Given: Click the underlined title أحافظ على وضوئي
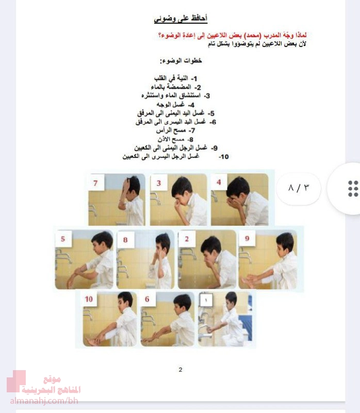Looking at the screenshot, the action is pyautogui.click(x=181, y=19).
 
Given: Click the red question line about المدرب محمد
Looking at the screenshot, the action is pyautogui.click(x=233, y=35).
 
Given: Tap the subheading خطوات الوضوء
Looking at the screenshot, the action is pyautogui.click(x=181, y=61).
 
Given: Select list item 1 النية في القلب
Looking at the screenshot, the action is pyautogui.click(x=175, y=78).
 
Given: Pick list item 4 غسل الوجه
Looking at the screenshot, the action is pyautogui.click(x=175, y=105).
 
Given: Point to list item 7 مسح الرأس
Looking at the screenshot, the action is pyautogui.click(x=175, y=131).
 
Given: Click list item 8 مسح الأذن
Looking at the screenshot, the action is pyautogui.click(x=175, y=139).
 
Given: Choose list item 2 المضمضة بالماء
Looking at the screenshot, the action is pyautogui.click(x=176, y=87).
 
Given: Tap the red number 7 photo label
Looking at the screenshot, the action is pyautogui.click(x=95, y=183).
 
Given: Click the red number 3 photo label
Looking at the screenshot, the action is pyautogui.click(x=159, y=183).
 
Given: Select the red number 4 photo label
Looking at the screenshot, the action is pyautogui.click(x=219, y=182).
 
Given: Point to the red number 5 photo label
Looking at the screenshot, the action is pyautogui.click(x=63, y=239).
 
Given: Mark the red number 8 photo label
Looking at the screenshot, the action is pyautogui.click(x=125, y=240).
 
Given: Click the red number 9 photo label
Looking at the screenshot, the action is pyautogui.click(x=247, y=239).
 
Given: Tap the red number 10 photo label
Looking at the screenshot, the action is pyautogui.click(x=89, y=299).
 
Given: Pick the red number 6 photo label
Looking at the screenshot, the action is pyautogui.click(x=147, y=299).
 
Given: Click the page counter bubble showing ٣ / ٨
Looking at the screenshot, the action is pyautogui.click(x=299, y=188).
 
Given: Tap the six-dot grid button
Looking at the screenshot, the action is pyautogui.click(x=353, y=188).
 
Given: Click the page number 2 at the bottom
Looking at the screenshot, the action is pyautogui.click(x=181, y=370).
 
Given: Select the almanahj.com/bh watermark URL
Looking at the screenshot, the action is pyautogui.click(x=44, y=401).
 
